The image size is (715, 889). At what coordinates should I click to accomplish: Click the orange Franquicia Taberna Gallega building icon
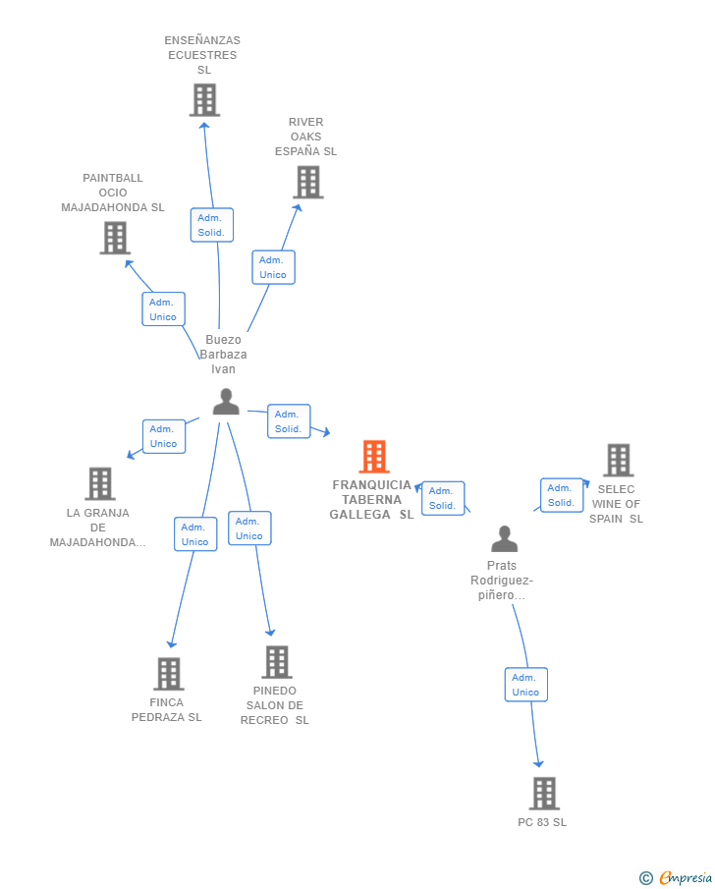[x=374, y=457]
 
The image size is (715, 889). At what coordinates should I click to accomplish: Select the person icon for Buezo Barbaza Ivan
[x=226, y=402]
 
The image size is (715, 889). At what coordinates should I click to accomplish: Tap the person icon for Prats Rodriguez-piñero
[x=504, y=538]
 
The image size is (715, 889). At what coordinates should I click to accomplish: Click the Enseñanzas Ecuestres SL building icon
[x=204, y=100]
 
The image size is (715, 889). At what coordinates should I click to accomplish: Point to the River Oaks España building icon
[x=307, y=182]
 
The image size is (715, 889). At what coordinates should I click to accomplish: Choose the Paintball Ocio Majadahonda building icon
[x=115, y=238]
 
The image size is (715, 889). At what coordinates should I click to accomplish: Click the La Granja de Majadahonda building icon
[x=100, y=483]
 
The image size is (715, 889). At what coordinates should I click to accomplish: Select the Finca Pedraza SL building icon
[x=169, y=674]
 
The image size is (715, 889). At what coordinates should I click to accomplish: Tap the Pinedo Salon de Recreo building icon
[x=277, y=662]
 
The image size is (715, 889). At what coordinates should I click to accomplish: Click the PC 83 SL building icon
[x=544, y=793]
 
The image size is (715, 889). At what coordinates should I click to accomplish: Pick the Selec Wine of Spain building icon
[x=618, y=460]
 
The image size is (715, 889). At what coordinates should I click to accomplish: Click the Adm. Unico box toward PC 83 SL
[x=526, y=685]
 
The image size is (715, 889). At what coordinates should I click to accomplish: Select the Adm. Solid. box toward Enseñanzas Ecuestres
[x=211, y=225]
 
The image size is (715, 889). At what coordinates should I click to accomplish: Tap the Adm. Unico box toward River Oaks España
[x=273, y=267]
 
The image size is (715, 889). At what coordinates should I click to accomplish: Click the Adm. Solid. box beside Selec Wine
[x=562, y=495]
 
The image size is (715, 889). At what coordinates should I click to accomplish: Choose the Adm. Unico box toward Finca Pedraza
[x=195, y=534]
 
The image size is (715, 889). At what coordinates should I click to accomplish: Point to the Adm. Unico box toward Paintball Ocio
[x=163, y=309]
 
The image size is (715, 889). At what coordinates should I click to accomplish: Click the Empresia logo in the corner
[x=676, y=877]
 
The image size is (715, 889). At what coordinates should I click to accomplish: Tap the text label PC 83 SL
[x=542, y=822]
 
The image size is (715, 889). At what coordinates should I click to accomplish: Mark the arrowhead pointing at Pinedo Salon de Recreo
[x=270, y=633]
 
